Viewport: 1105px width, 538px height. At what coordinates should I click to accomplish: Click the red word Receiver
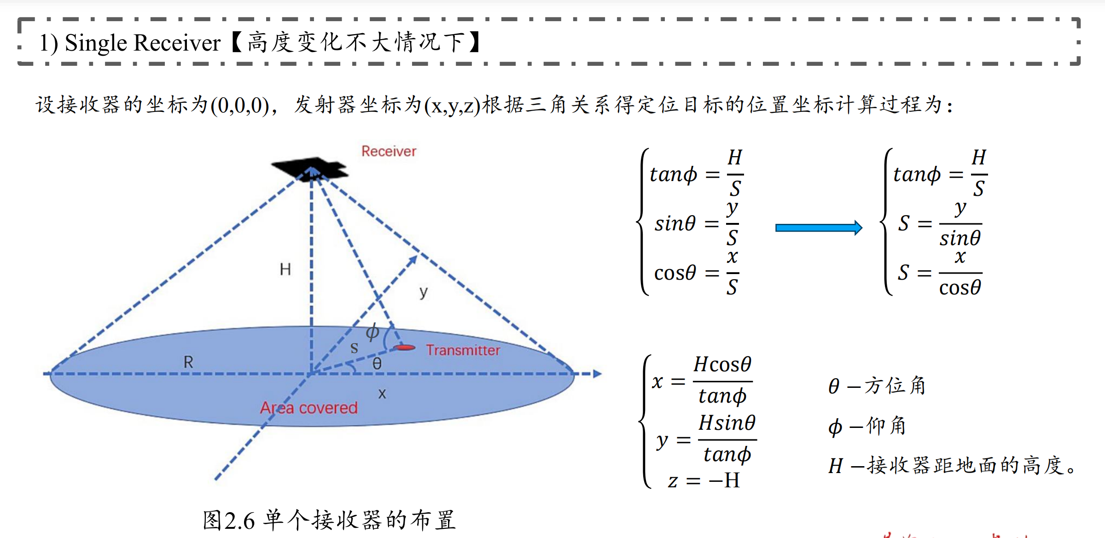[x=389, y=151]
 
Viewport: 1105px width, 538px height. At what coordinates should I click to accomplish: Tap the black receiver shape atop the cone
[x=309, y=169]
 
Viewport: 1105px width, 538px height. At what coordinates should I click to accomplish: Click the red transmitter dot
[x=405, y=348]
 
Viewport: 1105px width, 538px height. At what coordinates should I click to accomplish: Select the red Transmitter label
[x=462, y=351]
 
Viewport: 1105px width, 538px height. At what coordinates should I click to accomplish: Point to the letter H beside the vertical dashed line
[x=285, y=269]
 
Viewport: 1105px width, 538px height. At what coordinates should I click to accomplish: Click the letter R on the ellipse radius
[x=188, y=362]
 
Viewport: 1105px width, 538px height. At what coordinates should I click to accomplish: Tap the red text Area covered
[x=308, y=408]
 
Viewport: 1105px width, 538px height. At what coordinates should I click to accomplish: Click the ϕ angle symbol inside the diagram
[x=372, y=332]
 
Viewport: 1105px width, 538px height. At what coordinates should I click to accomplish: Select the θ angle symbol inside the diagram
[x=377, y=364]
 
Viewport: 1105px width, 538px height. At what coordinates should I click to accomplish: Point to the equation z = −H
[x=704, y=480]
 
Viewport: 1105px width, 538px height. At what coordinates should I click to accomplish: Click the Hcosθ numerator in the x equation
[x=722, y=364]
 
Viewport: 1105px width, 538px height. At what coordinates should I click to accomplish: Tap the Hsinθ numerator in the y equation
[x=727, y=423]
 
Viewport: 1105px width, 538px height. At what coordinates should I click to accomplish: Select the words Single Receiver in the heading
[x=143, y=43]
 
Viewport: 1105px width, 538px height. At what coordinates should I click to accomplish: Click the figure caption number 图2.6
[x=229, y=520]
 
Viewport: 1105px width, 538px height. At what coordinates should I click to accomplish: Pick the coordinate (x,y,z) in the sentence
[x=452, y=105]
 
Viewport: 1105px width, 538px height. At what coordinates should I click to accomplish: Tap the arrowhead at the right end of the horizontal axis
[x=597, y=374]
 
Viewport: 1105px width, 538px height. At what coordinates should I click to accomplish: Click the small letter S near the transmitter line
[x=354, y=348]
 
